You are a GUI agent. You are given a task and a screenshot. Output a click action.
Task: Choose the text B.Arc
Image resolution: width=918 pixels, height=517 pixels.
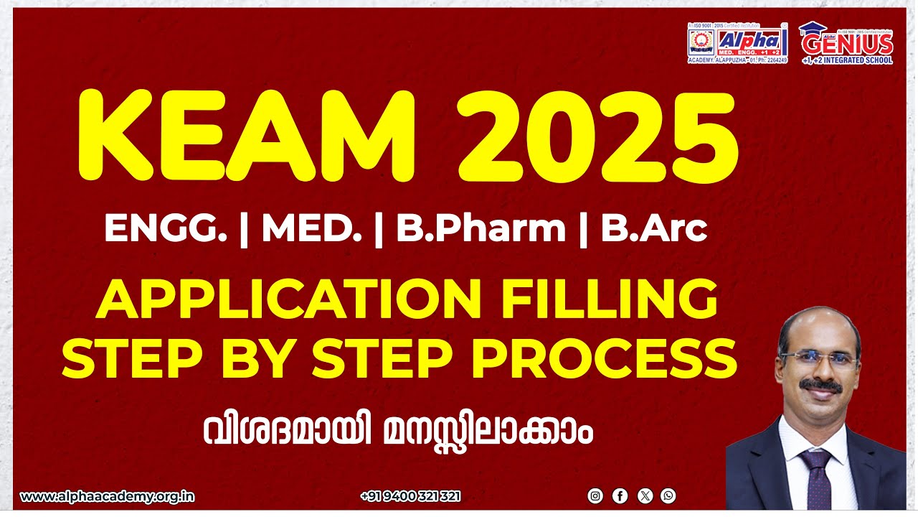(654, 229)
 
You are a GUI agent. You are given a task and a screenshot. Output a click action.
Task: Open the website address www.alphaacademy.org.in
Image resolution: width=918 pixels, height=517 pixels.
(108, 496)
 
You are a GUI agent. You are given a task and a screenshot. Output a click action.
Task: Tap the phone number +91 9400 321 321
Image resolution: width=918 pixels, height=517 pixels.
(411, 496)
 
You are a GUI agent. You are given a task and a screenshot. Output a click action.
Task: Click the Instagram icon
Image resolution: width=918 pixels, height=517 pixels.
(595, 495)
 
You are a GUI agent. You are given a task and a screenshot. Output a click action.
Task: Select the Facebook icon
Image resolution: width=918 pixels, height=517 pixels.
(620, 495)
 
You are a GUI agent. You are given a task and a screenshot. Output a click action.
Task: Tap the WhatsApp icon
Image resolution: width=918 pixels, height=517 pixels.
(668, 495)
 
